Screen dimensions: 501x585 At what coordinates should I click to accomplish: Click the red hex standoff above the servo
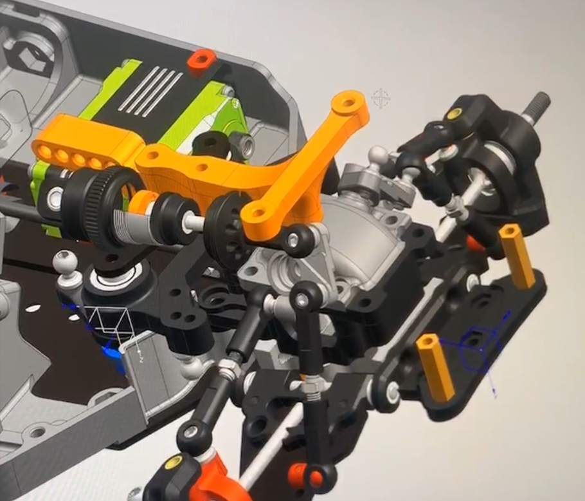point(201,60)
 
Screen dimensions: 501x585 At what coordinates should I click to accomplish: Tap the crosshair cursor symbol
point(381,99)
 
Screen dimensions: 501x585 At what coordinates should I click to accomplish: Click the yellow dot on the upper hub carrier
point(455,114)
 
